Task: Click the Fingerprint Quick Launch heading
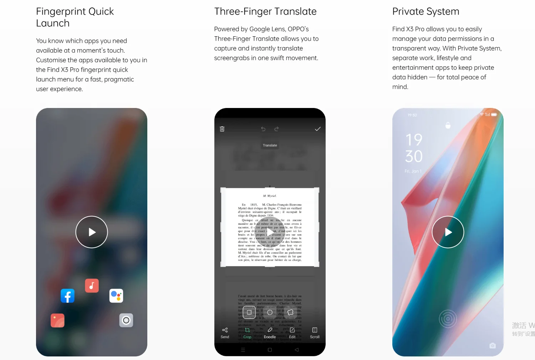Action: (x=75, y=17)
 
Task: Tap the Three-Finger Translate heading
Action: (x=265, y=11)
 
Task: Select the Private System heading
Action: (x=426, y=11)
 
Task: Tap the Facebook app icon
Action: (x=67, y=296)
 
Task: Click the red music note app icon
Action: (x=92, y=286)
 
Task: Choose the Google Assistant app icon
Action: (x=116, y=296)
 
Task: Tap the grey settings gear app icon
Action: (x=126, y=320)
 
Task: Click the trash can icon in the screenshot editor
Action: (x=222, y=129)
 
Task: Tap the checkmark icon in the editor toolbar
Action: (x=317, y=129)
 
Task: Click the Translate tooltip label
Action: (x=270, y=145)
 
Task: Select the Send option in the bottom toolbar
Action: (x=225, y=333)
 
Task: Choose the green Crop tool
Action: (x=247, y=333)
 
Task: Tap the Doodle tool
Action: (x=270, y=333)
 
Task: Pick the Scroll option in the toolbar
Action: (x=315, y=333)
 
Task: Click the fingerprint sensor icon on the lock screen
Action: (x=448, y=319)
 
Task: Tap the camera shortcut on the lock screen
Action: (x=493, y=345)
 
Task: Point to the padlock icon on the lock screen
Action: (x=448, y=125)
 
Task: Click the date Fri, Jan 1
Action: (x=413, y=171)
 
